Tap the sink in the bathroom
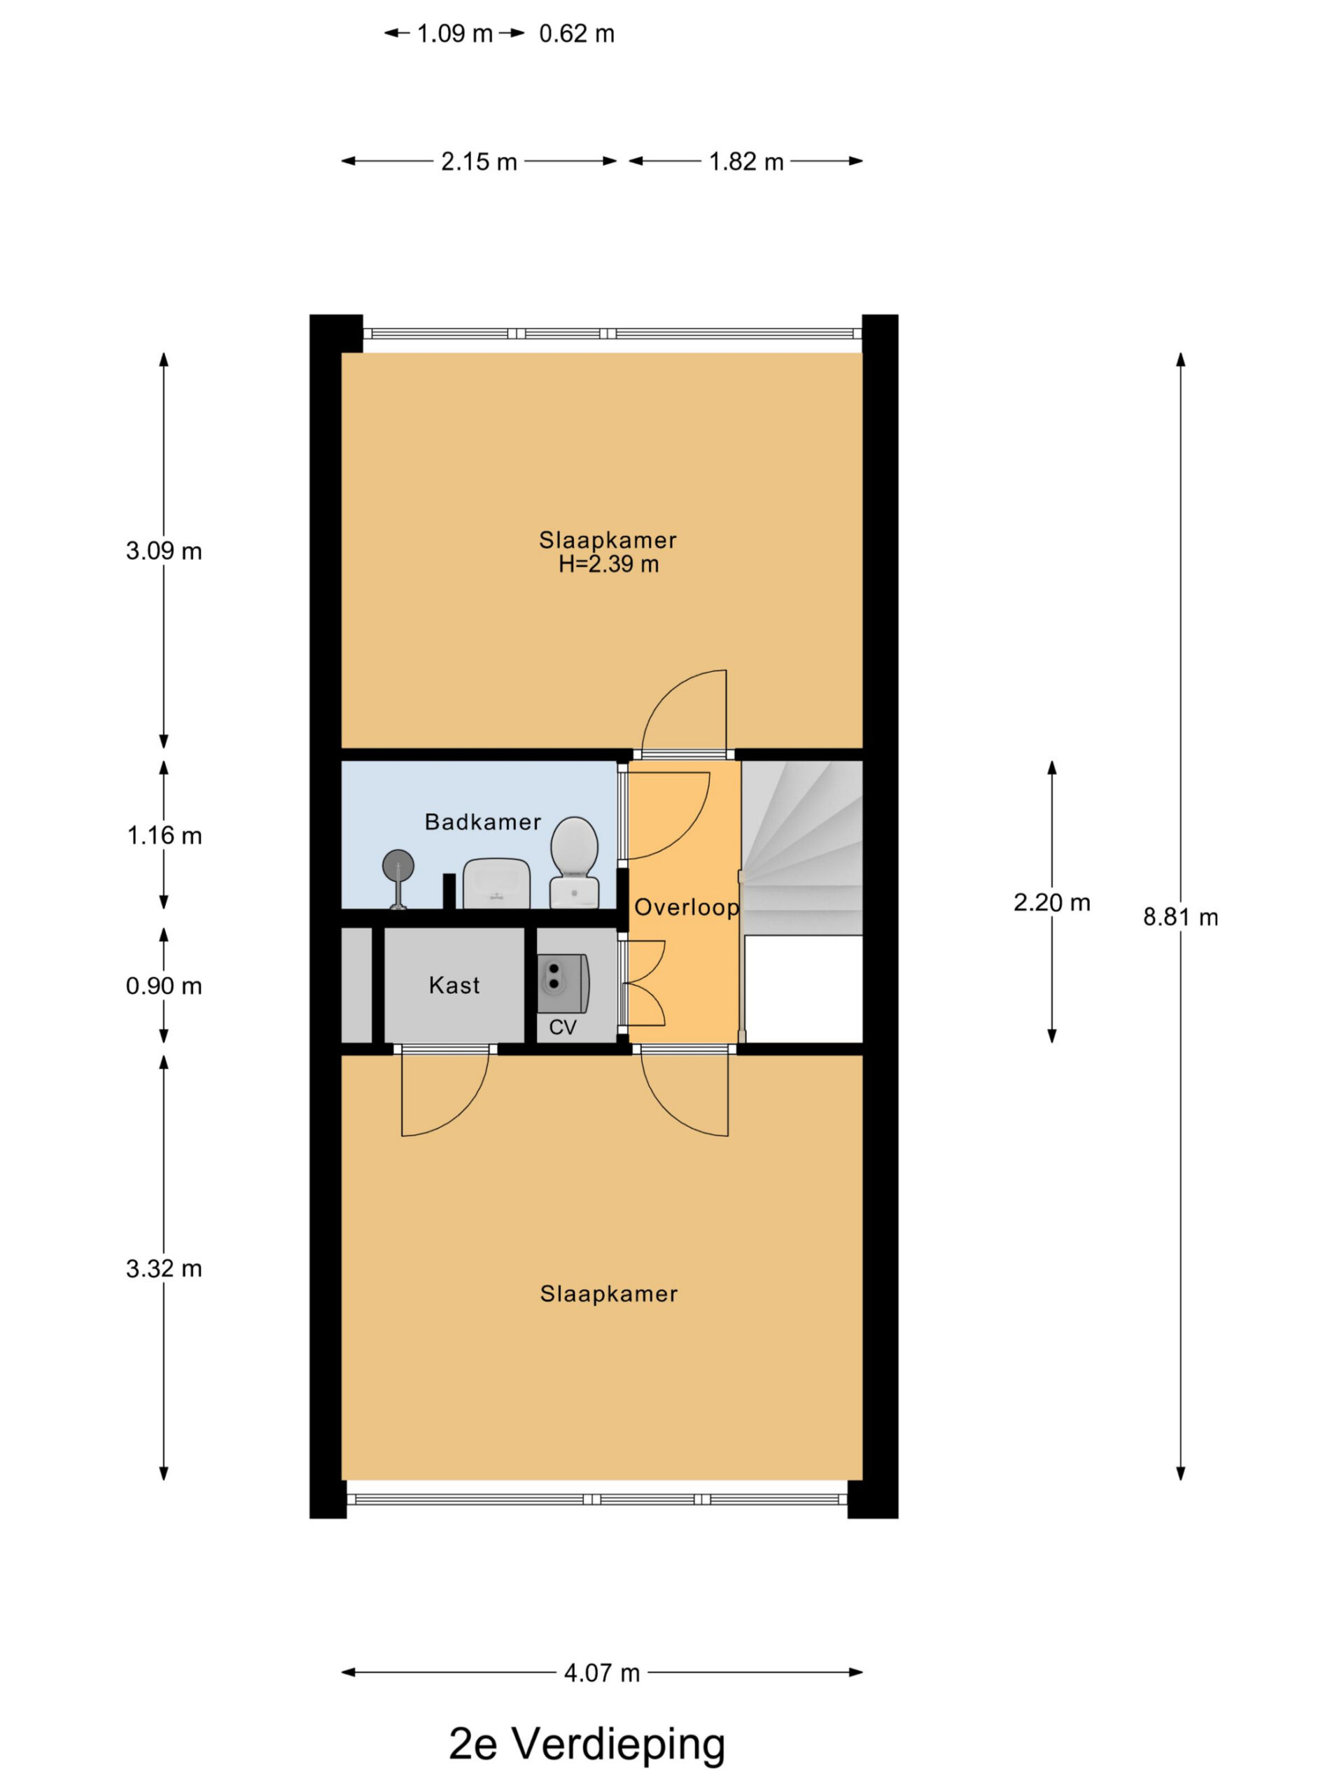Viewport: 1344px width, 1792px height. [496, 883]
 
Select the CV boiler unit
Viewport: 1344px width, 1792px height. [562, 983]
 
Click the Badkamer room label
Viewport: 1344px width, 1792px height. [482, 822]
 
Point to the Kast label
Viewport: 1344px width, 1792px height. [454, 985]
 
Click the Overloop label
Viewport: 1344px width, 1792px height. [686, 907]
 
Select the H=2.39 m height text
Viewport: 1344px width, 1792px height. [608, 565]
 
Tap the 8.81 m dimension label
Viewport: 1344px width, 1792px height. [1180, 917]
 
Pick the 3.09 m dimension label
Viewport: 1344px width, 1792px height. [164, 551]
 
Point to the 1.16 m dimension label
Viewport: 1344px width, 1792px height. [164, 835]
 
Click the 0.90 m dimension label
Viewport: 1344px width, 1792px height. [164, 986]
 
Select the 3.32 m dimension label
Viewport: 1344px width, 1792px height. [164, 1268]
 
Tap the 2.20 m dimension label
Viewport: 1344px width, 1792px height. [1051, 902]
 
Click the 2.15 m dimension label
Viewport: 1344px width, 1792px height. [479, 162]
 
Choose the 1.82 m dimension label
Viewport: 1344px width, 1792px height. [746, 162]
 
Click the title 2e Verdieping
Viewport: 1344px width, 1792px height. [587, 1745]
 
